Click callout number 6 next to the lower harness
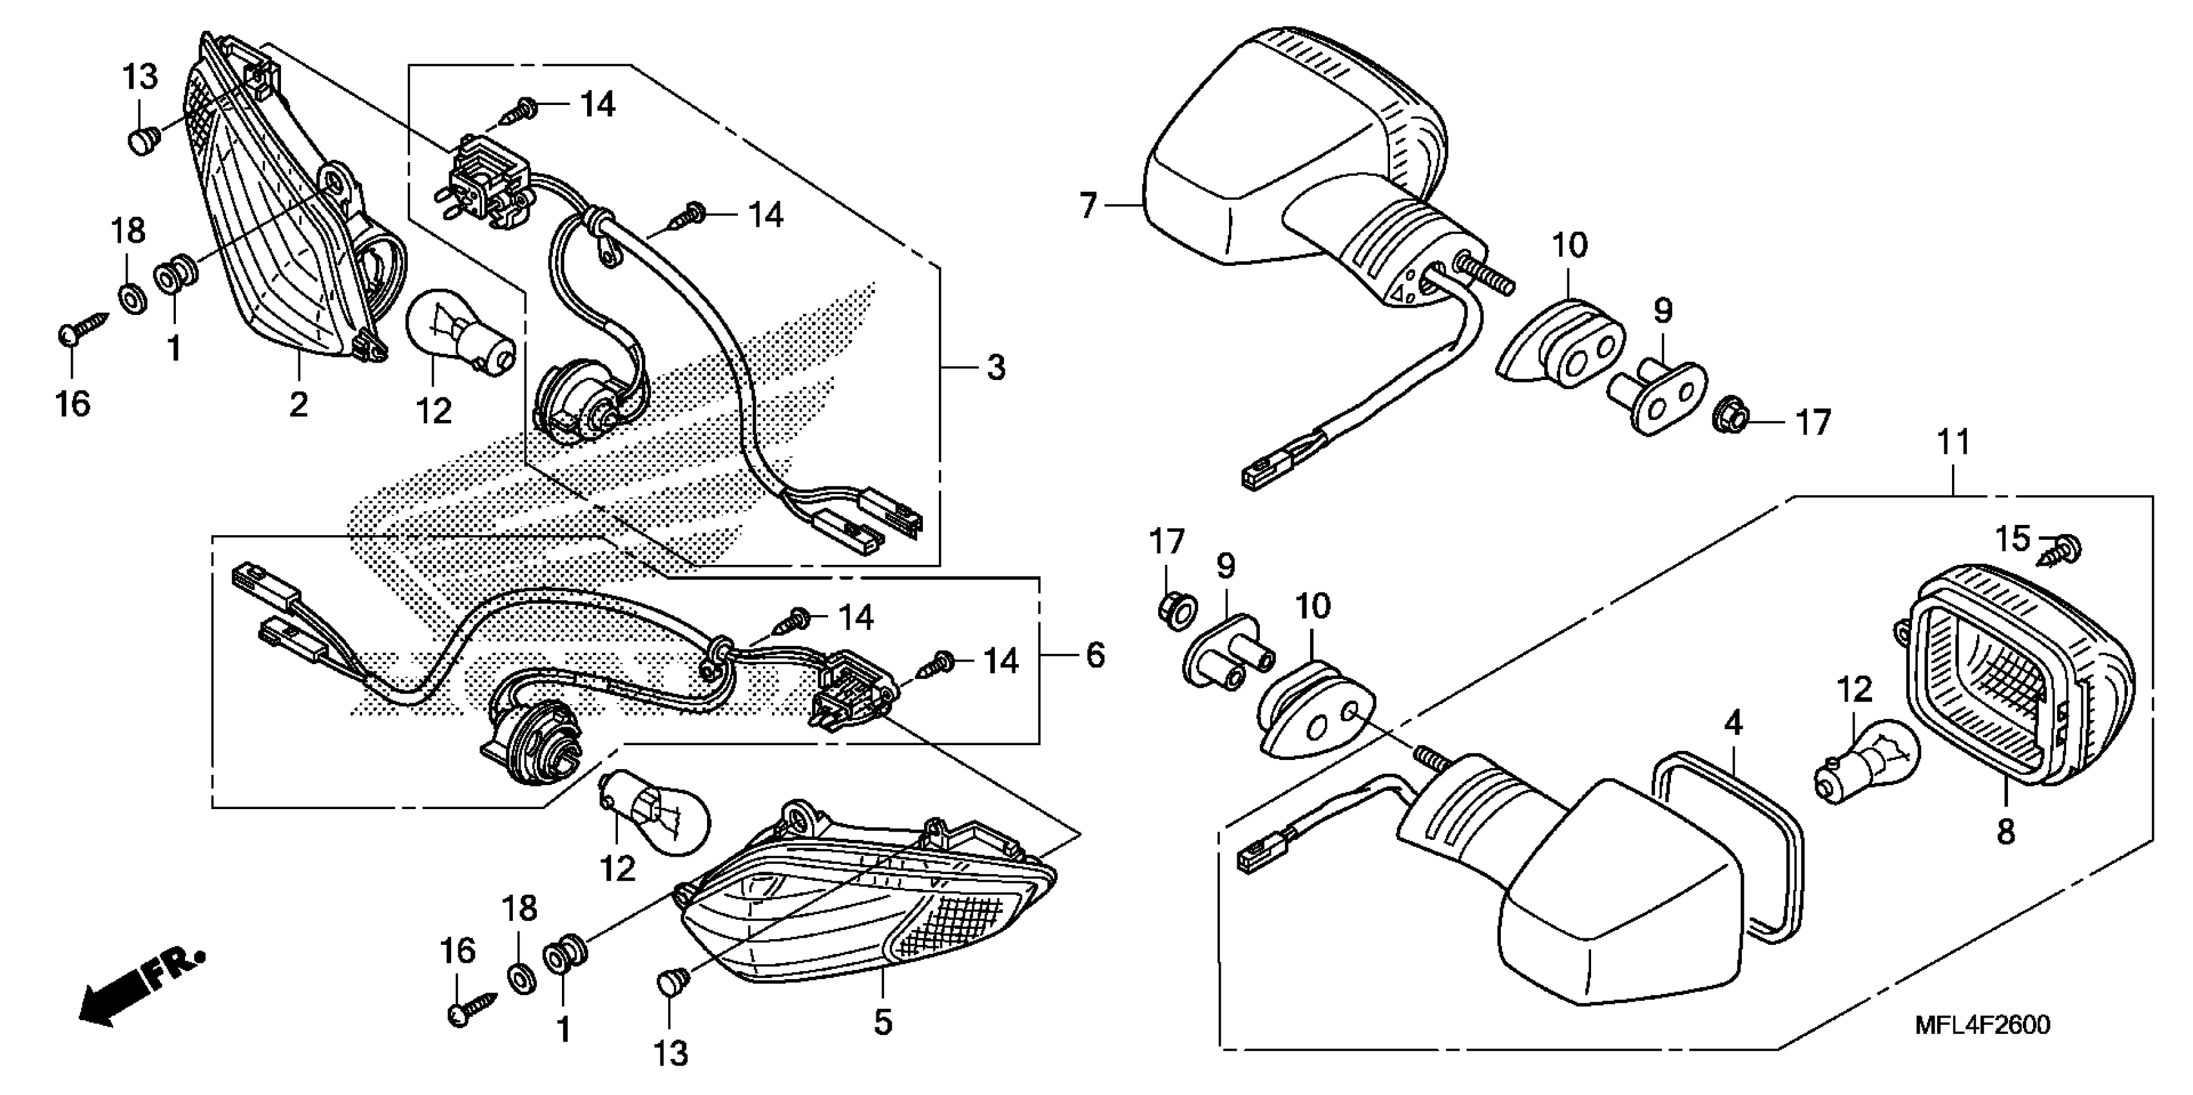pyautogui.click(x=1095, y=655)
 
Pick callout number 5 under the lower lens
pyautogui.click(x=883, y=1022)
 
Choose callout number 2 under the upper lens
pyautogui.click(x=298, y=405)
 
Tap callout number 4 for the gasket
pyautogui.click(x=1734, y=723)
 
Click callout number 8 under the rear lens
pyautogui.click(x=2005, y=832)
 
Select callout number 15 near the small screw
pyautogui.click(x=2013, y=538)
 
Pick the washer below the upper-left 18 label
pyautogui.click(x=130, y=299)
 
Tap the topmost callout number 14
pyautogui.click(x=597, y=104)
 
